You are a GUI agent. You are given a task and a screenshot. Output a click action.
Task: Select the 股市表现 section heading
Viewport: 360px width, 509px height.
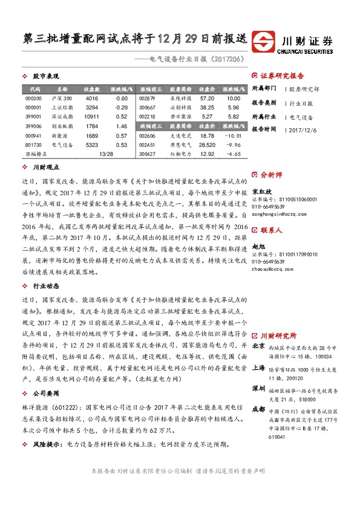coord(45,77)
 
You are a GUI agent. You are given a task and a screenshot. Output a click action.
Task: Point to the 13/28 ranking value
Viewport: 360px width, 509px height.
coord(105,154)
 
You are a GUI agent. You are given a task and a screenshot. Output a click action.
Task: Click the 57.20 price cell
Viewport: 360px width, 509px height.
coord(207,98)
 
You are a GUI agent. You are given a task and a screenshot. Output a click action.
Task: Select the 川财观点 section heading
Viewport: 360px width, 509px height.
coord(45,166)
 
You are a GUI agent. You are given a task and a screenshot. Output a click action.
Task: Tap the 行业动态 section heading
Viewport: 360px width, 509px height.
coord(45,285)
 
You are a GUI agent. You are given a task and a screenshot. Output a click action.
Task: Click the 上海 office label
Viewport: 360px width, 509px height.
coord(258,367)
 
